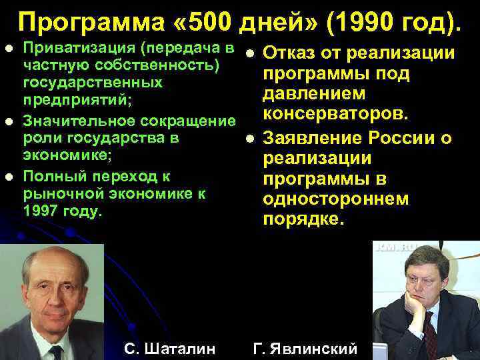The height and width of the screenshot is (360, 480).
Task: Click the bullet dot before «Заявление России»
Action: [249, 139]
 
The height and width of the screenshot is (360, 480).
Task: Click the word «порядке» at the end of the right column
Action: [303, 219]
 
